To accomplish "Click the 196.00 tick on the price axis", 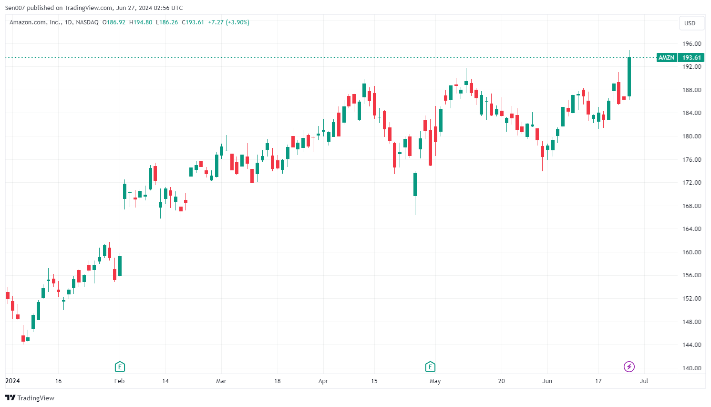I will pyautogui.click(x=691, y=44).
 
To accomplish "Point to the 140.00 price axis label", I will pyautogui.click(x=691, y=368).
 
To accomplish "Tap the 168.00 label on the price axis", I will pyautogui.click(x=691, y=206).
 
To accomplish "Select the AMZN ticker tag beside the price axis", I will pyautogui.click(x=666, y=58).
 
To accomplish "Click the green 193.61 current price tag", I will pyautogui.click(x=691, y=58).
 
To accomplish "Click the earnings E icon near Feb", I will pyautogui.click(x=120, y=367).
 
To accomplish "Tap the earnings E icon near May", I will pyautogui.click(x=430, y=367).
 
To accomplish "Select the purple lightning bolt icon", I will pyautogui.click(x=629, y=367).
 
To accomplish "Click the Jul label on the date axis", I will pyautogui.click(x=644, y=381).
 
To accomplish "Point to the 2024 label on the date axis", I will pyautogui.click(x=12, y=381).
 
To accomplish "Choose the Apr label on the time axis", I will pyautogui.click(x=323, y=381).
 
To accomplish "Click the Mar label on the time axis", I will pyautogui.click(x=221, y=381).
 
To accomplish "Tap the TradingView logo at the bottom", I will pyautogui.click(x=30, y=398).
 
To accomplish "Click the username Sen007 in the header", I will pyautogui.click(x=15, y=8).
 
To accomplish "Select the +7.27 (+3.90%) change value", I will pyautogui.click(x=228, y=22).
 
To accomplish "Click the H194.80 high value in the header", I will pyautogui.click(x=141, y=22).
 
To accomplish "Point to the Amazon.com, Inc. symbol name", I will pyautogui.click(x=35, y=22).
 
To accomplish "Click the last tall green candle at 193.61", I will pyautogui.click(x=629, y=76).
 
